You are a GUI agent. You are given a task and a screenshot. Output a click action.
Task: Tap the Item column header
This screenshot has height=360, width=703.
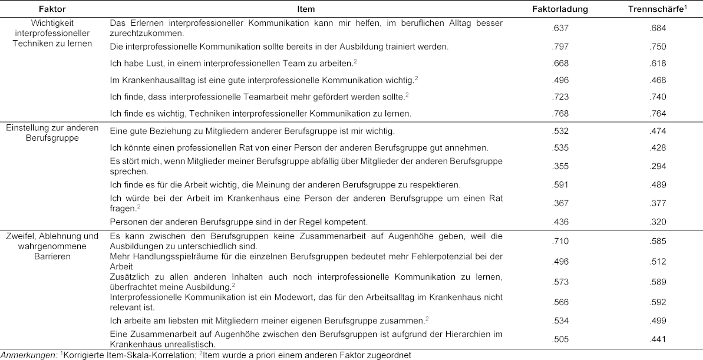click(x=306, y=9)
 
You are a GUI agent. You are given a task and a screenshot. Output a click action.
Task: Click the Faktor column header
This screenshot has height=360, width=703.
click(x=52, y=9)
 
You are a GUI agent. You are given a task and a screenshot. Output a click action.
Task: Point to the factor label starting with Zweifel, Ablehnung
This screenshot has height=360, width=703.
click(x=52, y=245)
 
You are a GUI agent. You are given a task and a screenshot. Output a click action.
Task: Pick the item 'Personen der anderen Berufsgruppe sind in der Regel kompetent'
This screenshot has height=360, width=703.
click(x=239, y=222)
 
